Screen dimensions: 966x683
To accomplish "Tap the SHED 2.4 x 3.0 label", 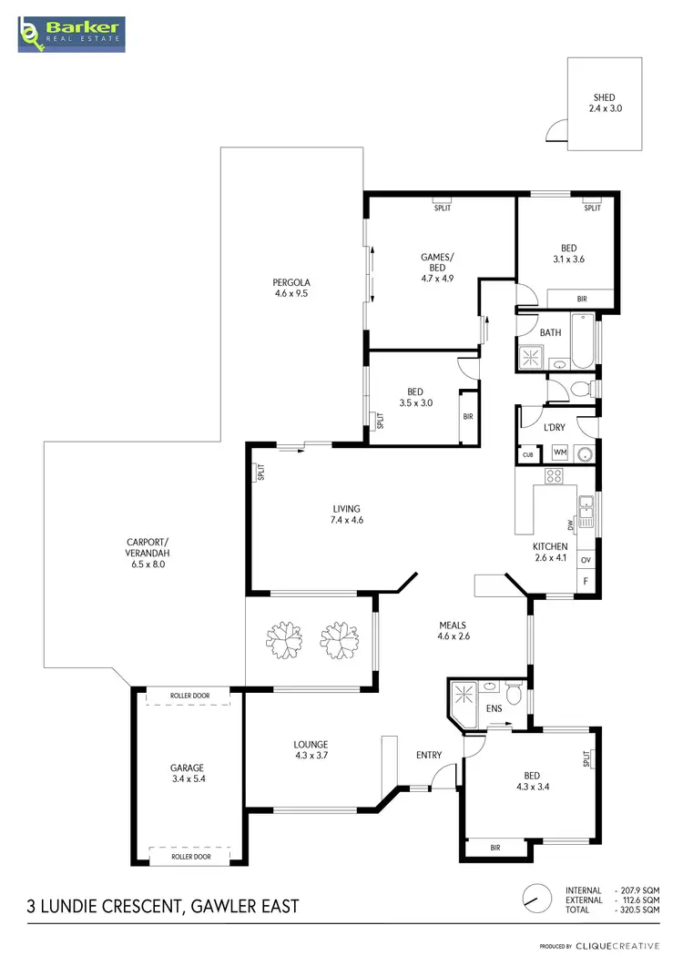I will point(604,103).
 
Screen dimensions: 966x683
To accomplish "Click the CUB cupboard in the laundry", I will point(528,454).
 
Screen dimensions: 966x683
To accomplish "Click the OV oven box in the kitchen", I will point(586,560).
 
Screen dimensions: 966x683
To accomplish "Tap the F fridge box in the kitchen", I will point(586,580).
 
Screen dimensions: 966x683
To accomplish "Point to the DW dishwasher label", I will point(569,525).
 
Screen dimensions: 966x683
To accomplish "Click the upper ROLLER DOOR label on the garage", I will point(189,697).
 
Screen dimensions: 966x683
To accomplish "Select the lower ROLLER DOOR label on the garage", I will point(189,857).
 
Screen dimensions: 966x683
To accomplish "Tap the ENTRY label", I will point(428,755).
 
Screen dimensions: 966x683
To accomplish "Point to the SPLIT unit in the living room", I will point(260,472).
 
